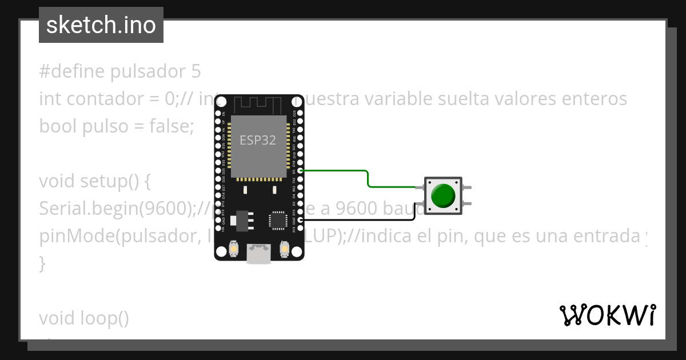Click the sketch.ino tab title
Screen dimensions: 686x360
pyautogui.click(x=101, y=25)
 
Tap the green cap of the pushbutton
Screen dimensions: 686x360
pyautogui.click(x=443, y=195)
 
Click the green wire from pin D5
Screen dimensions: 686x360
pyautogui.click(x=367, y=177)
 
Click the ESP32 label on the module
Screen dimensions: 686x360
pyautogui.click(x=257, y=140)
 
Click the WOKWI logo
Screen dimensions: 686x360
pyautogui.click(x=607, y=315)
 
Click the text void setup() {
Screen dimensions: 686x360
pyautogui.click(x=94, y=181)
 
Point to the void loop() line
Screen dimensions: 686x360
pyautogui.click(x=84, y=318)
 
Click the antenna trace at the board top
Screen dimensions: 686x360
pyautogui.click(x=258, y=105)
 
